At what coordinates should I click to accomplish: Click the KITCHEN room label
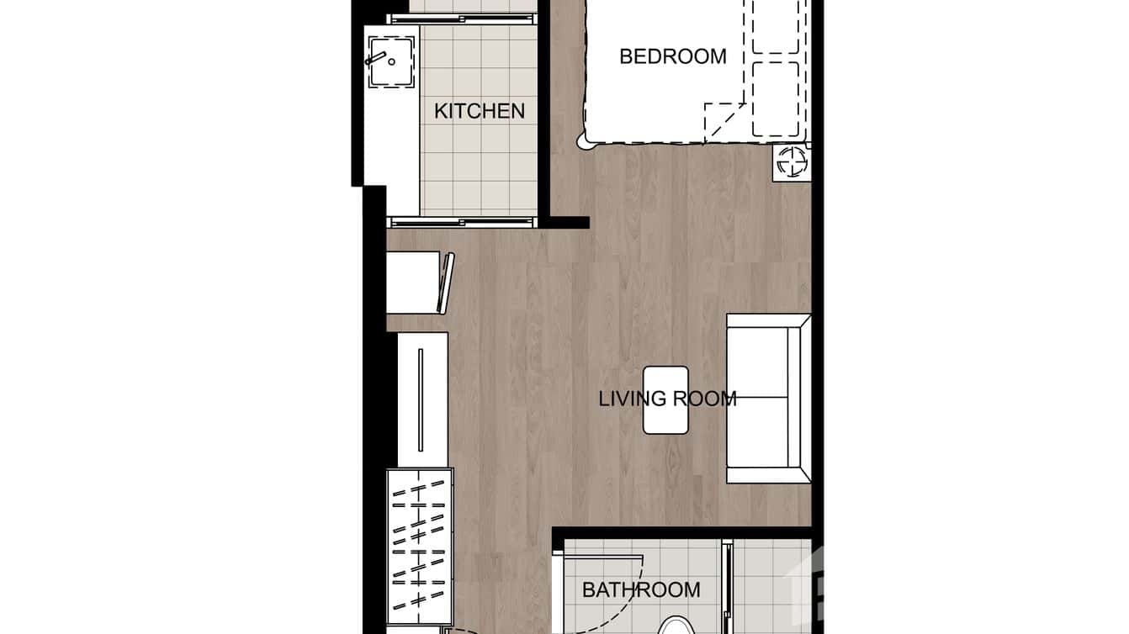tap(479, 111)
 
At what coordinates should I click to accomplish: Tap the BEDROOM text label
tap(672, 56)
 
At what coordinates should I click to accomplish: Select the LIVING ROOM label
tap(667, 399)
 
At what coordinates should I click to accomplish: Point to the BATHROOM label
tap(641, 589)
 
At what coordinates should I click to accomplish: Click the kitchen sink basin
tap(391, 61)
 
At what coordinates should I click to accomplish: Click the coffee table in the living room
tap(665, 400)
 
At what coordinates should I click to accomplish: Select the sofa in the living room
tap(767, 399)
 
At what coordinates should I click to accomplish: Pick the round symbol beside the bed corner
tap(791, 162)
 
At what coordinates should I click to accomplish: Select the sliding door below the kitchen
tap(462, 222)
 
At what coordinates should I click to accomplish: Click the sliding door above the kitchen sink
tap(462, 18)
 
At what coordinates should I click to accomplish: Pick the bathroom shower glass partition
tap(727, 589)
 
